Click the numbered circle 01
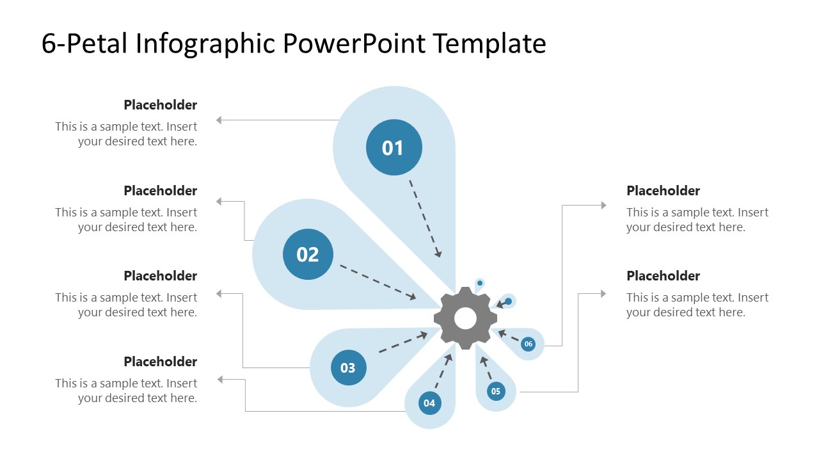coord(394,147)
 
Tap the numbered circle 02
coord(308,254)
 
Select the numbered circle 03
coord(348,368)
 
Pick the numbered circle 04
coord(429,403)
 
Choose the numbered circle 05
coord(496,391)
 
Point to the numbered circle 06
coord(528,344)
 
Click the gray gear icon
coord(465,318)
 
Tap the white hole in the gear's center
coord(465,318)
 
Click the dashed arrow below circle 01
coord(425,218)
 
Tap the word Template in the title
coord(489,44)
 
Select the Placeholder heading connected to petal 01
coord(160,105)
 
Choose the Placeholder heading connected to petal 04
coord(160,362)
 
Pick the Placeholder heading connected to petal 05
coord(663,276)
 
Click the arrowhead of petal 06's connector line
coord(603,206)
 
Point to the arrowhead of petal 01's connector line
coord(219,120)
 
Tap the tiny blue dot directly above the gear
coord(479,282)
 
